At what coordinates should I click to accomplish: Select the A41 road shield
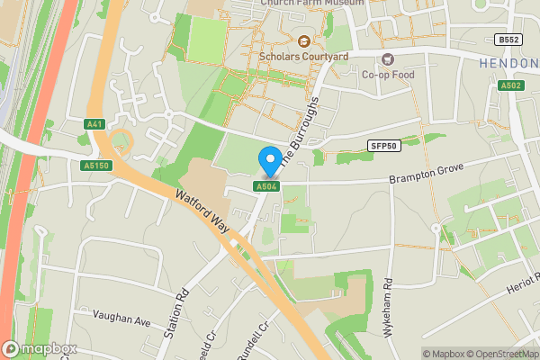pyautogui.click(x=95, y=124)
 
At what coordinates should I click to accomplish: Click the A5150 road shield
pyautogui.click(x=95, y=166)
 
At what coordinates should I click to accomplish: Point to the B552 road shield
pyautogui.click(x=508, y=40)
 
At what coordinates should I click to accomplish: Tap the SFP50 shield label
pyautogui.click(x=382, y=145)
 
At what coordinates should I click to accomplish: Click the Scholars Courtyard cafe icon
pyautogui.click(x=303, y=41)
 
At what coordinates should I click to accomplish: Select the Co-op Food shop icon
pyautogui.click(x=389, y=59)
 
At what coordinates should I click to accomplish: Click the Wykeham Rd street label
pyautogui.click(x=389, y=307)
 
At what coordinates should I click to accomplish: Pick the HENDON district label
pyautogui.click(x=508, y=65)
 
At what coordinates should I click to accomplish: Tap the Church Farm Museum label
pyautogui.click(x=313, y=4)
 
